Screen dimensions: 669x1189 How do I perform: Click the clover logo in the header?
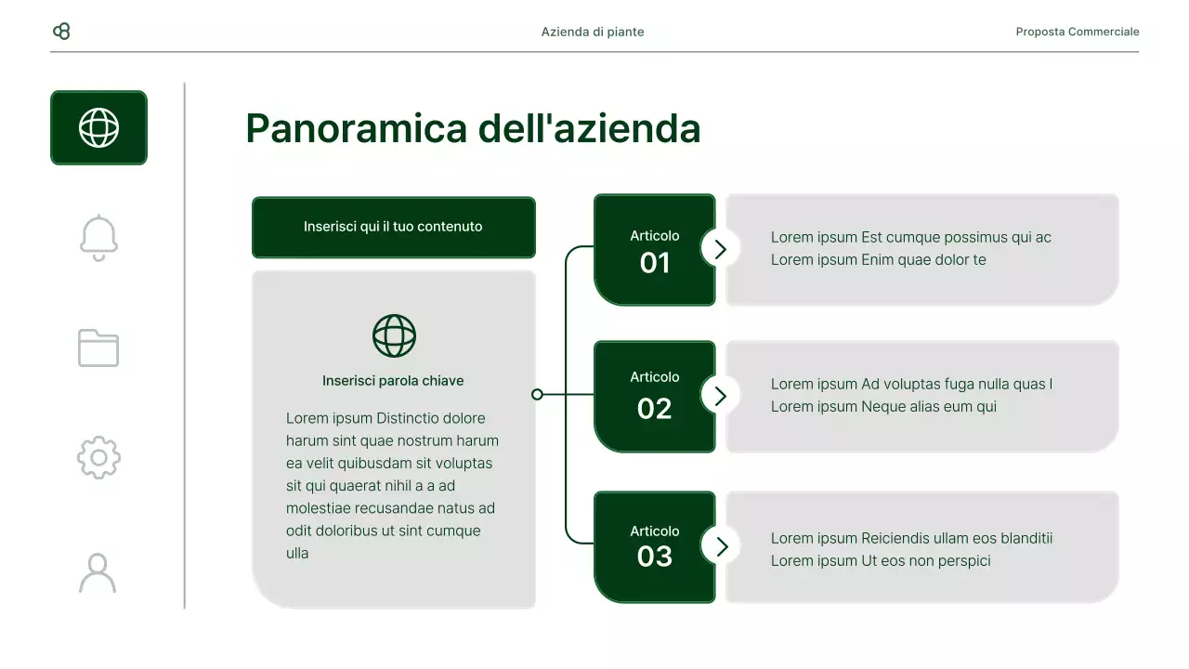click(x=62, y=32)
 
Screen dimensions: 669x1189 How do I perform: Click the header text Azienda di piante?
click(x=593, y=32)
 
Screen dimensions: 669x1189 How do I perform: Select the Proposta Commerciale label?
click(x=1078, y=32)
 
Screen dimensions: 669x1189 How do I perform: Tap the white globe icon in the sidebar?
click(x=98, y=127)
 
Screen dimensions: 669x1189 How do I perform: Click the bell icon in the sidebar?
click(x=98, y=238)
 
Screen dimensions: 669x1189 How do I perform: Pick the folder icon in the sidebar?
click(x=98, y=348)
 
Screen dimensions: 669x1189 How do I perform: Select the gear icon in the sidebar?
click(x=98, y=458)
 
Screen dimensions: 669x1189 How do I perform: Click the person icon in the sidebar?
click(x=98, y=572)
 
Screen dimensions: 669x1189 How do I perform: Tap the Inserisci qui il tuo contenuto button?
click(x=393, y=227)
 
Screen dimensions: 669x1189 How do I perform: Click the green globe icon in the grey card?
click(x=394, y=335)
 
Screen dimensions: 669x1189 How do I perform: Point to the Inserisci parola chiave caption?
click(x=393, y=381)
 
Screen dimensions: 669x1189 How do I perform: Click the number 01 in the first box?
click(x=655, y=263)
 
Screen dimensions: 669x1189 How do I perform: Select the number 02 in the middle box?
click(x=655, y=409)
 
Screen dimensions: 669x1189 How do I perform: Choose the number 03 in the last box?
click(x=655, y=557)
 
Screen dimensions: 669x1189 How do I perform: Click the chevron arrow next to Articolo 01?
click(x=721, y=248)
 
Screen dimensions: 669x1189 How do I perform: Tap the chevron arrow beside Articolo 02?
click(x=721, y=395)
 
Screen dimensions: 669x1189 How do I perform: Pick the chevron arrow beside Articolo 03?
click(x=721, y=545)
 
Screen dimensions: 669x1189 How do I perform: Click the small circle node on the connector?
click(x=537, y=394)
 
